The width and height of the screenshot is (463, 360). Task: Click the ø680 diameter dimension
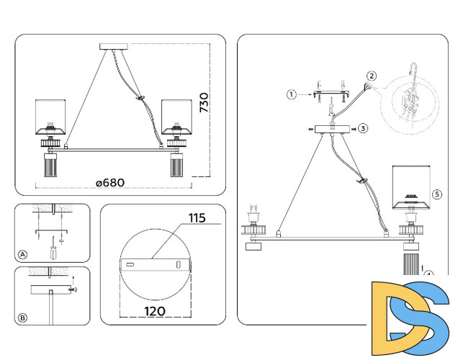(x=110, y=182)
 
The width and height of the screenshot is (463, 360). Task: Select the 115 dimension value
(x=197, y=217)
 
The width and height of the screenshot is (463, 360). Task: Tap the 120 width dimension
(x=154, y=311)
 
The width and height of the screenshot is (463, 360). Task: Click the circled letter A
(x=23, y=254)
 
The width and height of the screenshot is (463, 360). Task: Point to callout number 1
(x=291, y=94)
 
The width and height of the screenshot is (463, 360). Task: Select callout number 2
(x=372, y=76)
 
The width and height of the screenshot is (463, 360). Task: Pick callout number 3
(x=363, y=128)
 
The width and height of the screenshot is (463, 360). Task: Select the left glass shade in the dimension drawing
(x=52, y=117)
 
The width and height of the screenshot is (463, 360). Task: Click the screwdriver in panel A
(x=53, y=253)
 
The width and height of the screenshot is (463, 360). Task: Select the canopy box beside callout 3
(x=331, y=130)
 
